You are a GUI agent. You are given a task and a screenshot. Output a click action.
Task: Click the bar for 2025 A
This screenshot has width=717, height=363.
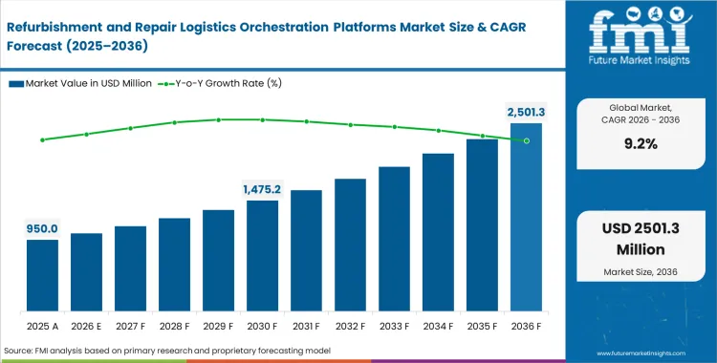click(42, 276)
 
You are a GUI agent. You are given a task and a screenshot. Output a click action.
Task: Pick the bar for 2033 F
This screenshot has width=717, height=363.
click(394, 240)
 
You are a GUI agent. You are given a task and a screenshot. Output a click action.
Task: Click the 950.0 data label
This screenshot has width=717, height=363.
click(42, 228)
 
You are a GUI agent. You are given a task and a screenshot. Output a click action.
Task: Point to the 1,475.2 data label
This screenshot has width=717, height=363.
click(261, 189)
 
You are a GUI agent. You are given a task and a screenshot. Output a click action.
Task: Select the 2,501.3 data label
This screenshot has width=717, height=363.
click(526, 112)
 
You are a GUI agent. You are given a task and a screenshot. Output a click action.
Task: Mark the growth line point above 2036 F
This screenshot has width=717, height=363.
click(526, 140)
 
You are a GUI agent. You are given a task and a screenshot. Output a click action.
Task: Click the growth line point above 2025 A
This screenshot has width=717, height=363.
click(42, 139)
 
